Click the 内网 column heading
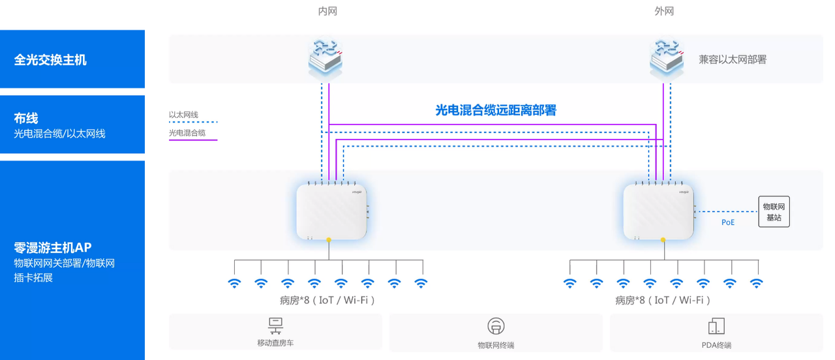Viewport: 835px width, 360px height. [x=327, y=11]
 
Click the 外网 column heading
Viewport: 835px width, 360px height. [x=664, y=11]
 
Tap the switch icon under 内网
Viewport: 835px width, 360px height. [x=326, y=58]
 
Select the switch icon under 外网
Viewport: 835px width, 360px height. [x=667, y=58]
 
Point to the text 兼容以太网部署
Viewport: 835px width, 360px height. [x=733, y=59]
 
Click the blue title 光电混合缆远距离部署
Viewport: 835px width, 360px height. [x=496, y=110]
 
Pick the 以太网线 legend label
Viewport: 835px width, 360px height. [x=183, y=115]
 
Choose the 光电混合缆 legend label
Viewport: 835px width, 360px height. [x=187, y=133]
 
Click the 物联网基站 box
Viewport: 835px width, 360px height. [x=774, y=212]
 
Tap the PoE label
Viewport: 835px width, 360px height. [x=727, y=222]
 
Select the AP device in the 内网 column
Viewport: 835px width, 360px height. [x=331, y=211]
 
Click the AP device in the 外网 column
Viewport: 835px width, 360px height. [x=658, y=211]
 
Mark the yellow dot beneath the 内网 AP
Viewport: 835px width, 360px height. [x=328, y=240]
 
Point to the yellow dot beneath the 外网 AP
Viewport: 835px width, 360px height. [x=663, y=240]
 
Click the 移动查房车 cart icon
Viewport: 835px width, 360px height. [x=275, y=326]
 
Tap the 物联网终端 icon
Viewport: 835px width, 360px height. [x=496, y=326]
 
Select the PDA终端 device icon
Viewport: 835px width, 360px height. [x=716, y=326]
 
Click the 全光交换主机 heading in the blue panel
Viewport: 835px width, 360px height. [x=50, y=60]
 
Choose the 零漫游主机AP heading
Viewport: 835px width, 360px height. [x=53, y=248]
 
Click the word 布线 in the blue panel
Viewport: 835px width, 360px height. [x=25, y=119]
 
